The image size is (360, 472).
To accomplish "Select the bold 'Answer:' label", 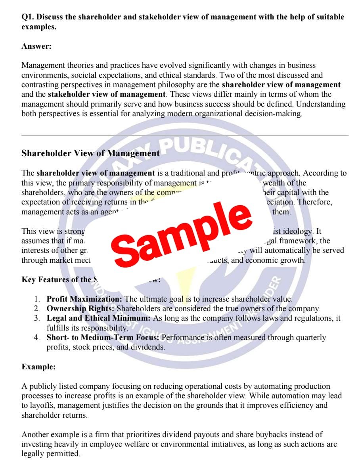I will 36,46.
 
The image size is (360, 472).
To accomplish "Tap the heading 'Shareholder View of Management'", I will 90,153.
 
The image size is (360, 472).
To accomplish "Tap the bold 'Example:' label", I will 38,367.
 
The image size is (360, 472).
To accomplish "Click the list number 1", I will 36,299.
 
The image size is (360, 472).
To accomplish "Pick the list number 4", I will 36,338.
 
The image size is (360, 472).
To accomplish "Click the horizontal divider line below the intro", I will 185,135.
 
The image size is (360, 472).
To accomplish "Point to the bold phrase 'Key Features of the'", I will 56,280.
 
